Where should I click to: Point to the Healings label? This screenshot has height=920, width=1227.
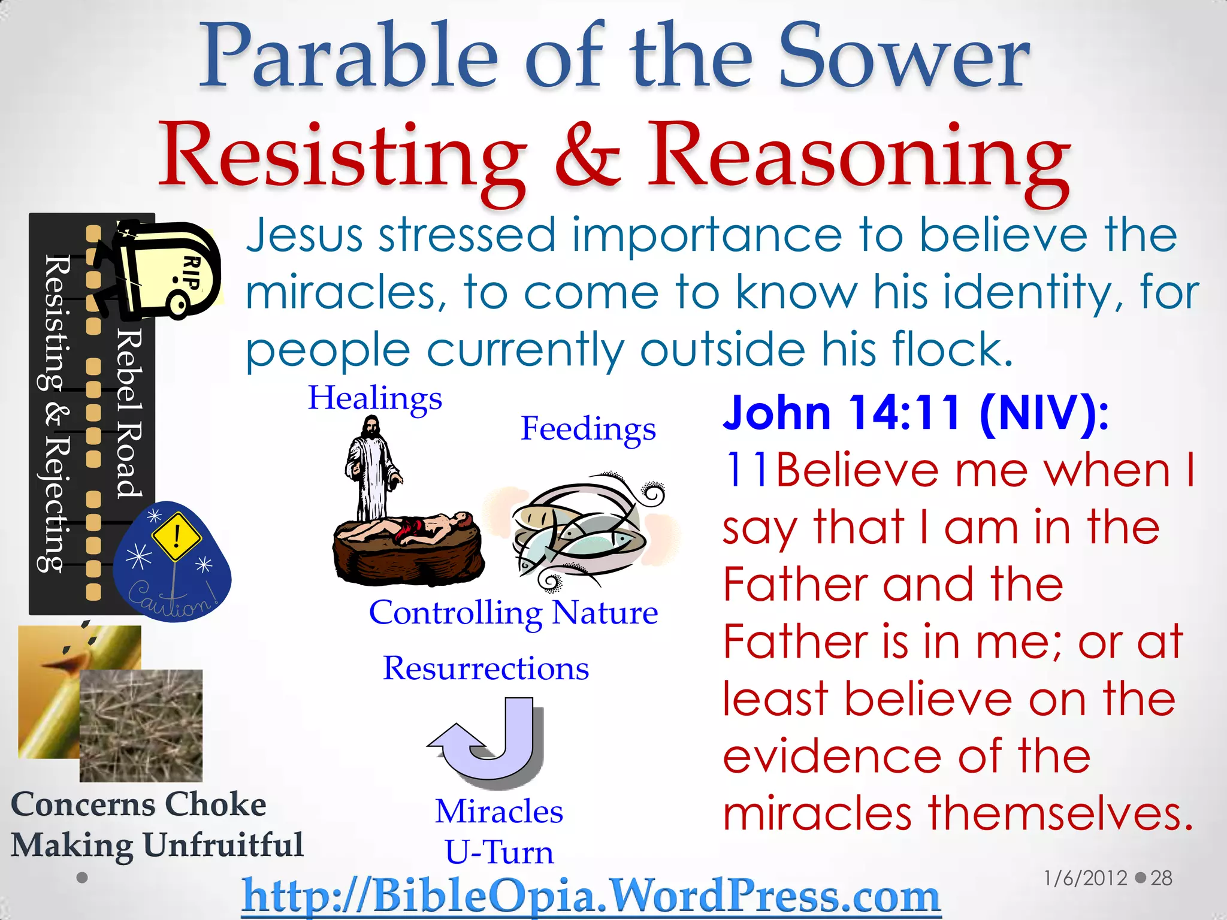pyautogui.click(x=375, y=398)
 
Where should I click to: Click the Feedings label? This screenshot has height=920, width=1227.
pyautogui.click(x=588, y=429)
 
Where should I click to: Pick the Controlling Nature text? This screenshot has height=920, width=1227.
pyautogui.click(x=513, y=613)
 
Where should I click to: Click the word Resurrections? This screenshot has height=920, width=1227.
pyautogui.click(x=486, y=668)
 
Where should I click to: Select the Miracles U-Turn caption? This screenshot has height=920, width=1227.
pyautogui.click(x=499, y=831)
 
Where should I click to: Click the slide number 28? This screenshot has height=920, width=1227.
pyautogui.click(x=1161, y=878)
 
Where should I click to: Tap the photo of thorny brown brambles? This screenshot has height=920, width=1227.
pyautogui.click(x=141, y=726)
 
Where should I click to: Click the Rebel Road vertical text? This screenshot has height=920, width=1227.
pyautogui.click(x=129, y=413)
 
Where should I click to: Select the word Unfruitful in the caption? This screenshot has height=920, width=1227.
pyautogui.click(x=223, y=845)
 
